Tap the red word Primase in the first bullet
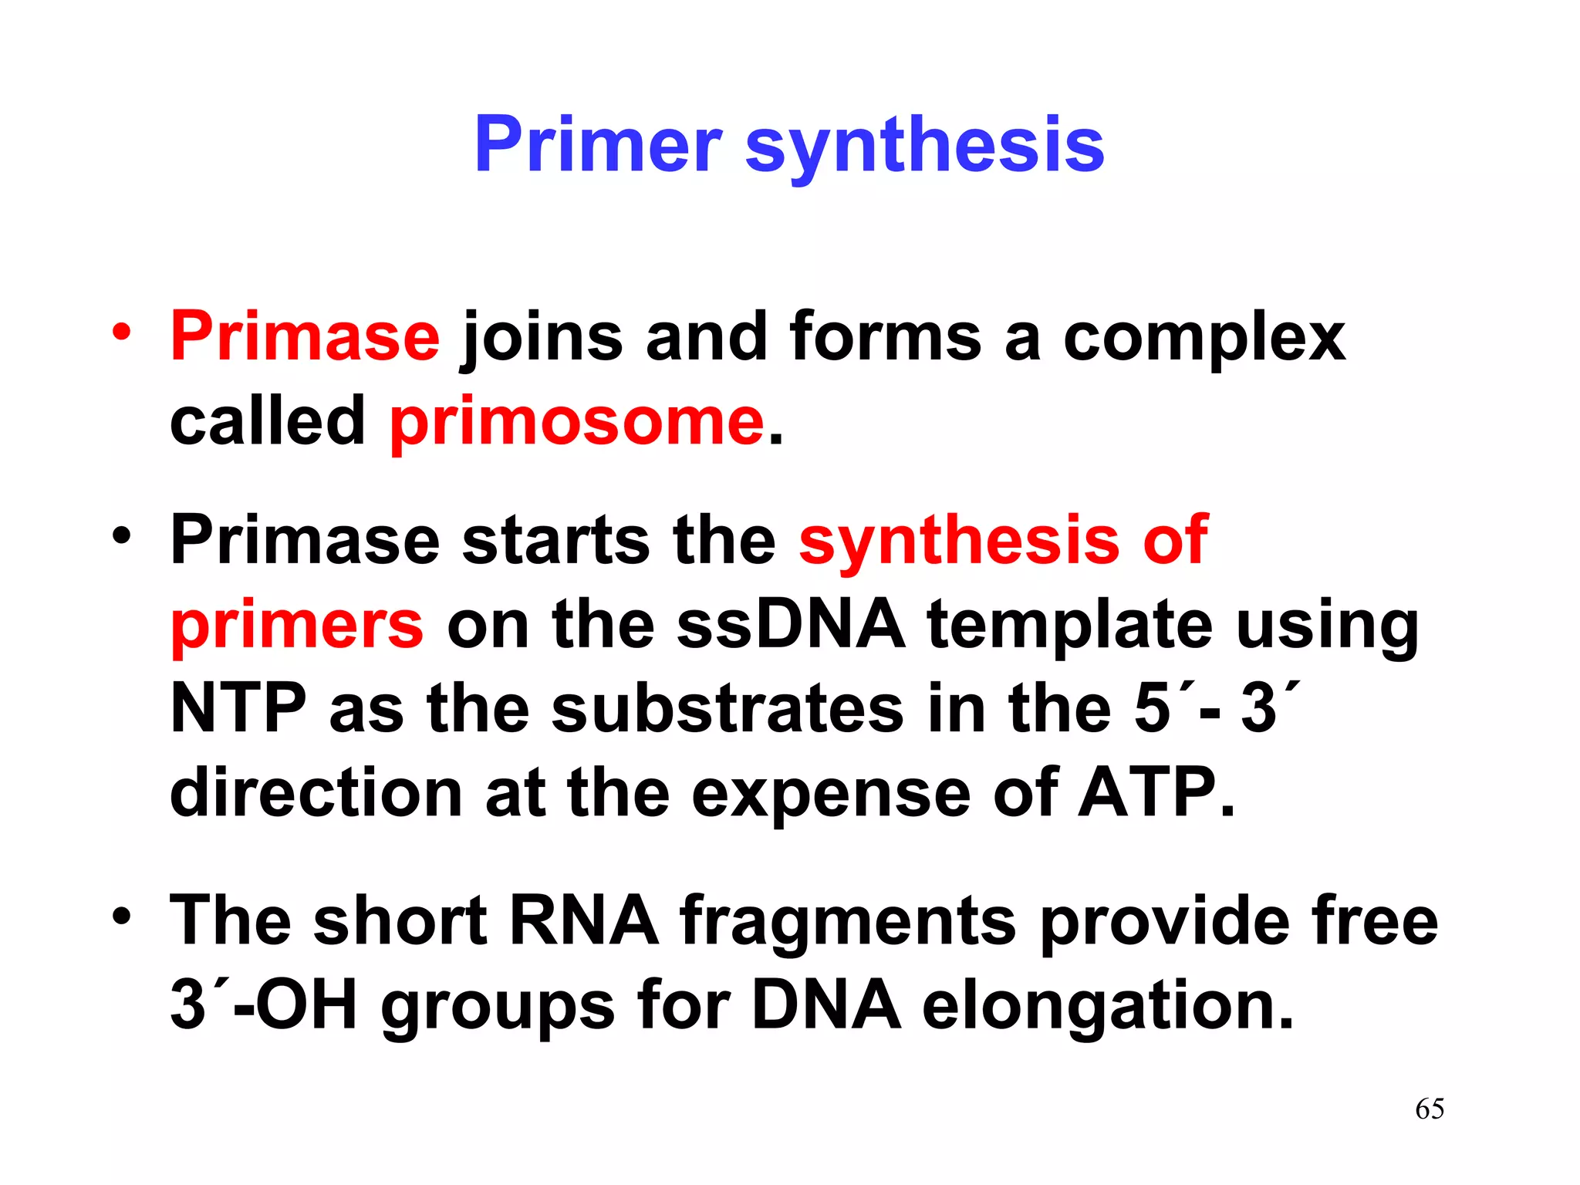tap(305, 336)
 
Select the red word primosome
tap(577, 422)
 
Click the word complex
tap(1204, 339)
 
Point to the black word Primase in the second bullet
tap(305, 540)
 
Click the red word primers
tap(297, 625)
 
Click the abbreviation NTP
tap(238, 708)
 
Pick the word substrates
tap(727, 708)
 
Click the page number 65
tap(1430, 1109)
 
